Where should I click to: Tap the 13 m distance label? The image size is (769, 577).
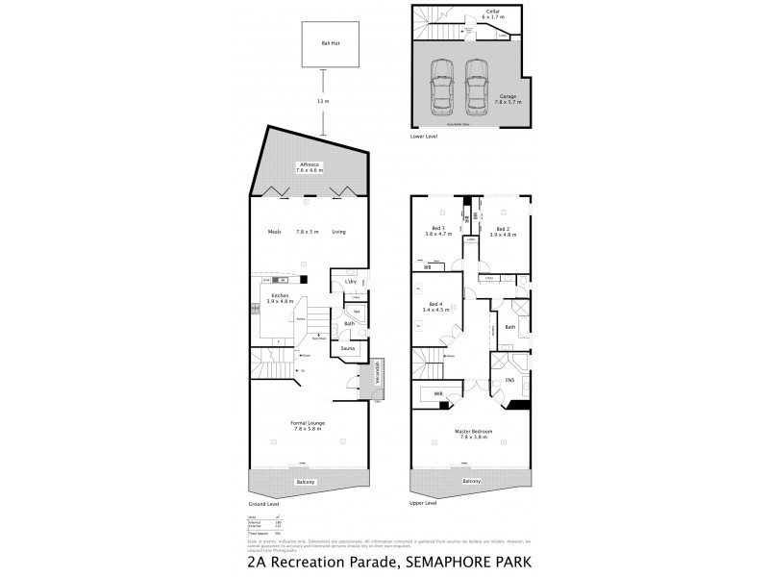coord(324,101)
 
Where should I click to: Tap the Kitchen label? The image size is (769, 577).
coord(281,297)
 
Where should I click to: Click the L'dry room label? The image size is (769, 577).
coord(351,281)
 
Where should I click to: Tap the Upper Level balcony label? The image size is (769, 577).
coord(471,481)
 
